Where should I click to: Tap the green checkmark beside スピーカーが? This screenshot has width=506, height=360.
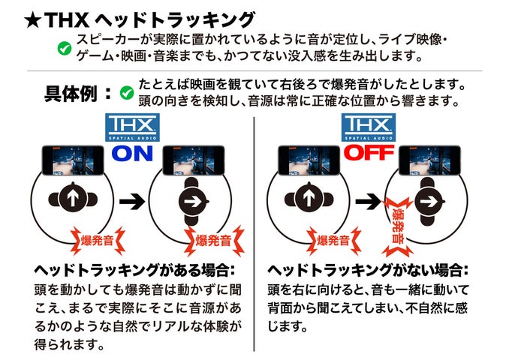[65, 49]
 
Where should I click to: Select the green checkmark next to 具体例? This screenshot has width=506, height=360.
[127, 94]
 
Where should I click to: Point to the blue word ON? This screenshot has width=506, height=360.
[132, 154]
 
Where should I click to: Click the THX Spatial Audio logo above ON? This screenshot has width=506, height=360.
[131, 127]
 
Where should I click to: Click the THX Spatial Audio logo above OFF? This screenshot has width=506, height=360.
[368, 127]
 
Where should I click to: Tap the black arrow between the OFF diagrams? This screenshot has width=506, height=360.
[368, 200]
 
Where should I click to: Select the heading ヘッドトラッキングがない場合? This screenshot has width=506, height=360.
[368, 269]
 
